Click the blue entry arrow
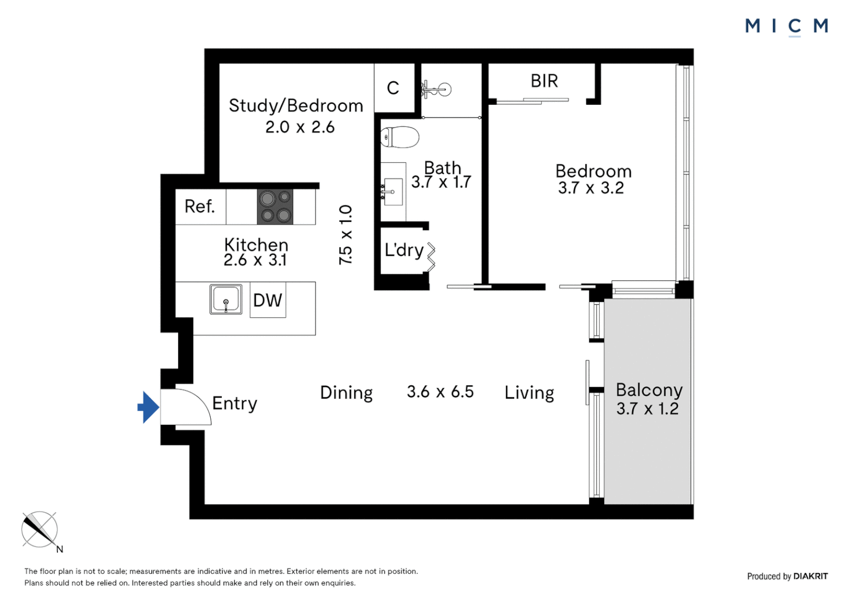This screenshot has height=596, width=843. [148, 407]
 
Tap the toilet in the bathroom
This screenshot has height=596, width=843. [399, 137]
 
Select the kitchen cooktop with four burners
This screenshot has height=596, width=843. [275, 207]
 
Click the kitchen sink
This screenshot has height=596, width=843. [226, 299]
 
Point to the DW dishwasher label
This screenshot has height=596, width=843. [268, 300]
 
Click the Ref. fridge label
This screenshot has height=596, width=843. [200, 206]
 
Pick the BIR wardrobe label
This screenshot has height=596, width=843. [544, 81]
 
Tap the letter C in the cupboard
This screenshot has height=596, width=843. [393, 88]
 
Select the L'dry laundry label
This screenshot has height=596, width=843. [404, 251]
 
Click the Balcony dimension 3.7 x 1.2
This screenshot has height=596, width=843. [647, 408]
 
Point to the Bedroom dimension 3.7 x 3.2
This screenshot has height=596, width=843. [591, 188]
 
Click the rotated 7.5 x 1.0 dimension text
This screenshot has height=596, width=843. [345, 235]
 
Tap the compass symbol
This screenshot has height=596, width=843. [40, 529]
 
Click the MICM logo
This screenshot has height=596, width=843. [787, 26]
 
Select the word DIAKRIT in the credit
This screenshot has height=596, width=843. [810, 576]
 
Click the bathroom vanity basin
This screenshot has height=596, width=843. [393, 191]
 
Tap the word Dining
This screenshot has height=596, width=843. [346, 393]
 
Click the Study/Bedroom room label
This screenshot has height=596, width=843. [296, 106]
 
